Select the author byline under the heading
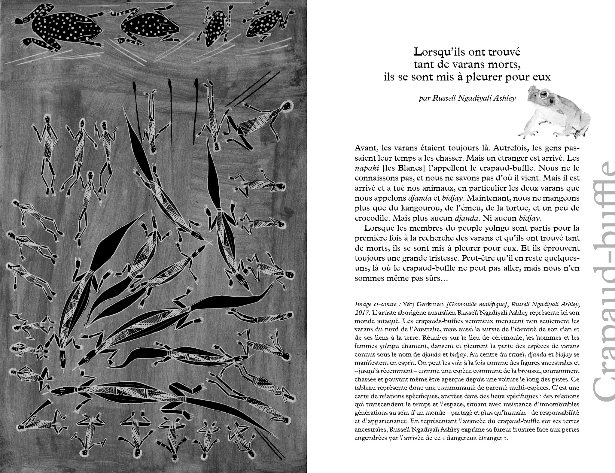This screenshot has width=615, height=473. tap(467, 99)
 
